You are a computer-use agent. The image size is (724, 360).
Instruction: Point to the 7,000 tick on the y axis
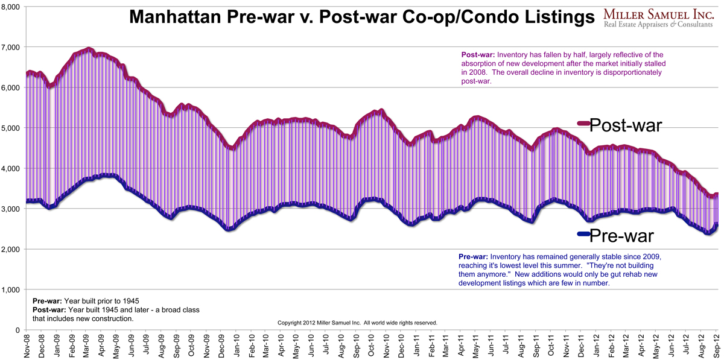pos(11,47)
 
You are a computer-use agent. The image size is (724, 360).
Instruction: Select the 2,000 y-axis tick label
pos(11,250)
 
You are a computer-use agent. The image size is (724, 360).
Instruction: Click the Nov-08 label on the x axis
pos(27,346)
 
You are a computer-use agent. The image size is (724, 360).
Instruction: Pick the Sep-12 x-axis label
pos(717,346)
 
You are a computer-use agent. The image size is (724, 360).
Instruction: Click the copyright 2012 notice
pos(357,323)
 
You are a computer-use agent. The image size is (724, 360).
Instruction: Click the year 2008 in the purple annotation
pos(470,72)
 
